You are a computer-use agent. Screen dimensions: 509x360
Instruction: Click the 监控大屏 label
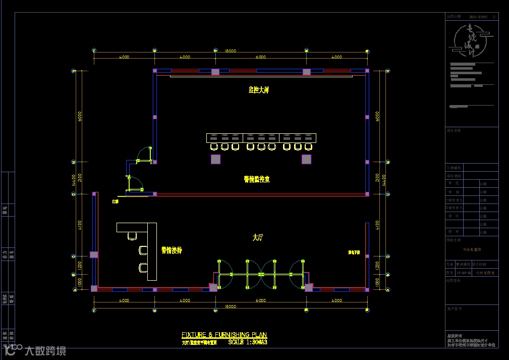pyautogui.click(x=258, y=90)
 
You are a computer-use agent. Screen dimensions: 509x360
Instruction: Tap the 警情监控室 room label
pyautogui.click(x=256, y=179)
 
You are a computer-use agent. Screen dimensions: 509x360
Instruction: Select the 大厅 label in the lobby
pyautogui.click(x=258, y=236)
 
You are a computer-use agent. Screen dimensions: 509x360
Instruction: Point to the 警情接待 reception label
pyautogui.click(x=172, y=249)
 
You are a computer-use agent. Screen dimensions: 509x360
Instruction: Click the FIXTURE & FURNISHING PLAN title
pyautogui.click(x=224, y=335)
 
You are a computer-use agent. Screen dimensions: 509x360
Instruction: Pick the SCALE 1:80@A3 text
pyautogui.click(x=247, y=342)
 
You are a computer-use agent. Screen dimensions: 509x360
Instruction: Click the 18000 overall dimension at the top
pyautogui.click(x=231, y=51)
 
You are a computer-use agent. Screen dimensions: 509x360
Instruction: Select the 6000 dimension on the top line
pyautogui.click(x=260, y=57)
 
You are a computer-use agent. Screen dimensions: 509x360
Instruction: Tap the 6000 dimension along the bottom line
pyautogui.click(x=260, y=300)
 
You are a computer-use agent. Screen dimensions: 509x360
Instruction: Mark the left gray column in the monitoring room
pyautogui.click(x=215, y=160)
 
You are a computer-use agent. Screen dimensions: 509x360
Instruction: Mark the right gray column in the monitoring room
pyautogui.click(x=306, y=160)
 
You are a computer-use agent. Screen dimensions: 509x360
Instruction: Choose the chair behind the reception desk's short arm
pyautogui.click(x=133, y=235)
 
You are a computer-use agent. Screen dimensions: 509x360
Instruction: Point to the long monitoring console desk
pyautogui.click(x=261, y=138)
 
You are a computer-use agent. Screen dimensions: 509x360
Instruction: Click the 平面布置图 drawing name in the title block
pyautogui.click(x=472, y=249)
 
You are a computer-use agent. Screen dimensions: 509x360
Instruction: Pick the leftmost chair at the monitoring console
pyautogui.click(x=214, y=147)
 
